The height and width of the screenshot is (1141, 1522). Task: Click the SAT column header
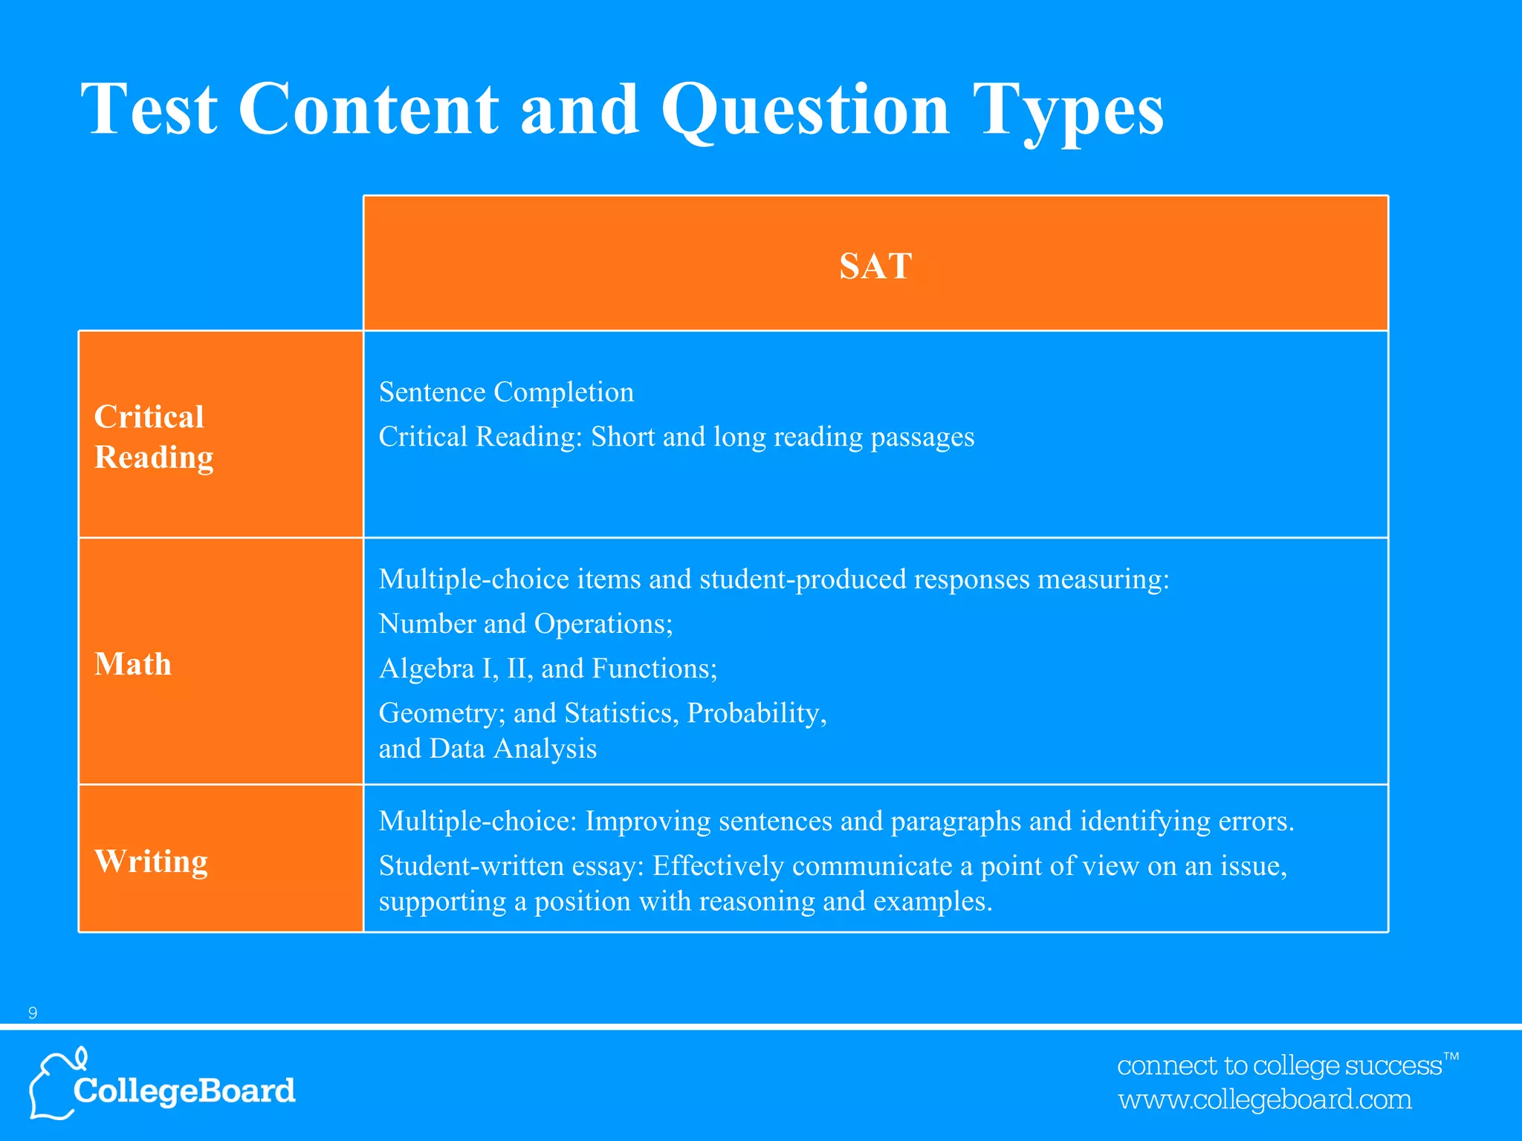[x=875, y=266]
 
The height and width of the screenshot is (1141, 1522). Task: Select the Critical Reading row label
[x=153, y=437]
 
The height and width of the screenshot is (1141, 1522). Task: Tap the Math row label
[x=133, y=664]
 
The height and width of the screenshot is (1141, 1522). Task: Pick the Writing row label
[x=152, y=861]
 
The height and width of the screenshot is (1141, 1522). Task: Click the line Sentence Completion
[x=506, y=392]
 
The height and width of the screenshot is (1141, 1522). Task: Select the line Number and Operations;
[x=525, y=624]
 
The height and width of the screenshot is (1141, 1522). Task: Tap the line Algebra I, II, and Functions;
[x=548, y=669]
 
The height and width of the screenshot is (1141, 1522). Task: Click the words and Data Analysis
[x=488, y=749]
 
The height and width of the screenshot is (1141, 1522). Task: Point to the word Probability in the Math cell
[x=756, y=713]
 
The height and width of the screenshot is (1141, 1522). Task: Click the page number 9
[x=32, y=1013]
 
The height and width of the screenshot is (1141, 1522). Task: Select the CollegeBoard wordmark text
[x=184, y=1090]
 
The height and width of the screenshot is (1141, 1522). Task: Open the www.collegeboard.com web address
[x=1265, y=1099]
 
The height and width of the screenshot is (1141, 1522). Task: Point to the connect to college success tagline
[x=1280, y=1065]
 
